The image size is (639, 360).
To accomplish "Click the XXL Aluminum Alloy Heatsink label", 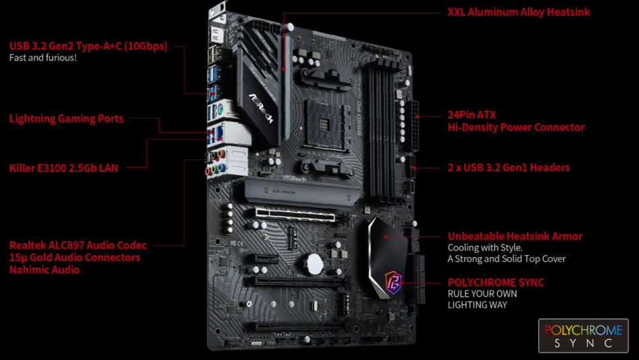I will [x=519, y=12].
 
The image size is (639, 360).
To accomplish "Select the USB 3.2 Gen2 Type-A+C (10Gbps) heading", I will [x=88, y=46].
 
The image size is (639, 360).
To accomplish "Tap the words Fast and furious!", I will [x=43, y=58].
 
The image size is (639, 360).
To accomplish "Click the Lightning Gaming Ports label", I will [x=67, y=118].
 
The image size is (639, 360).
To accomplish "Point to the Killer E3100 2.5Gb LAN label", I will [x=64, y=168].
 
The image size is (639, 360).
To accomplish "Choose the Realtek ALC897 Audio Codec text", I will [x=78, y=245].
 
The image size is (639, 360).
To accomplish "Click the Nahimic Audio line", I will [x=44, y=269].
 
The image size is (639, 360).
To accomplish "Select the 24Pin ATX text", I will [x=472, y=114].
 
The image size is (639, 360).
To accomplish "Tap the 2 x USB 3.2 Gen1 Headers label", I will [x=509, y=167].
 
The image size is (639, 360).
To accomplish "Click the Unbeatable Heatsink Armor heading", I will [x=515, y=236].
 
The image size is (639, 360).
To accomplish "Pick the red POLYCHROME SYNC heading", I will [x=496, y=283].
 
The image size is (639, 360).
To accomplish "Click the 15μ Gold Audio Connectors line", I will [x=75, y=257].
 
